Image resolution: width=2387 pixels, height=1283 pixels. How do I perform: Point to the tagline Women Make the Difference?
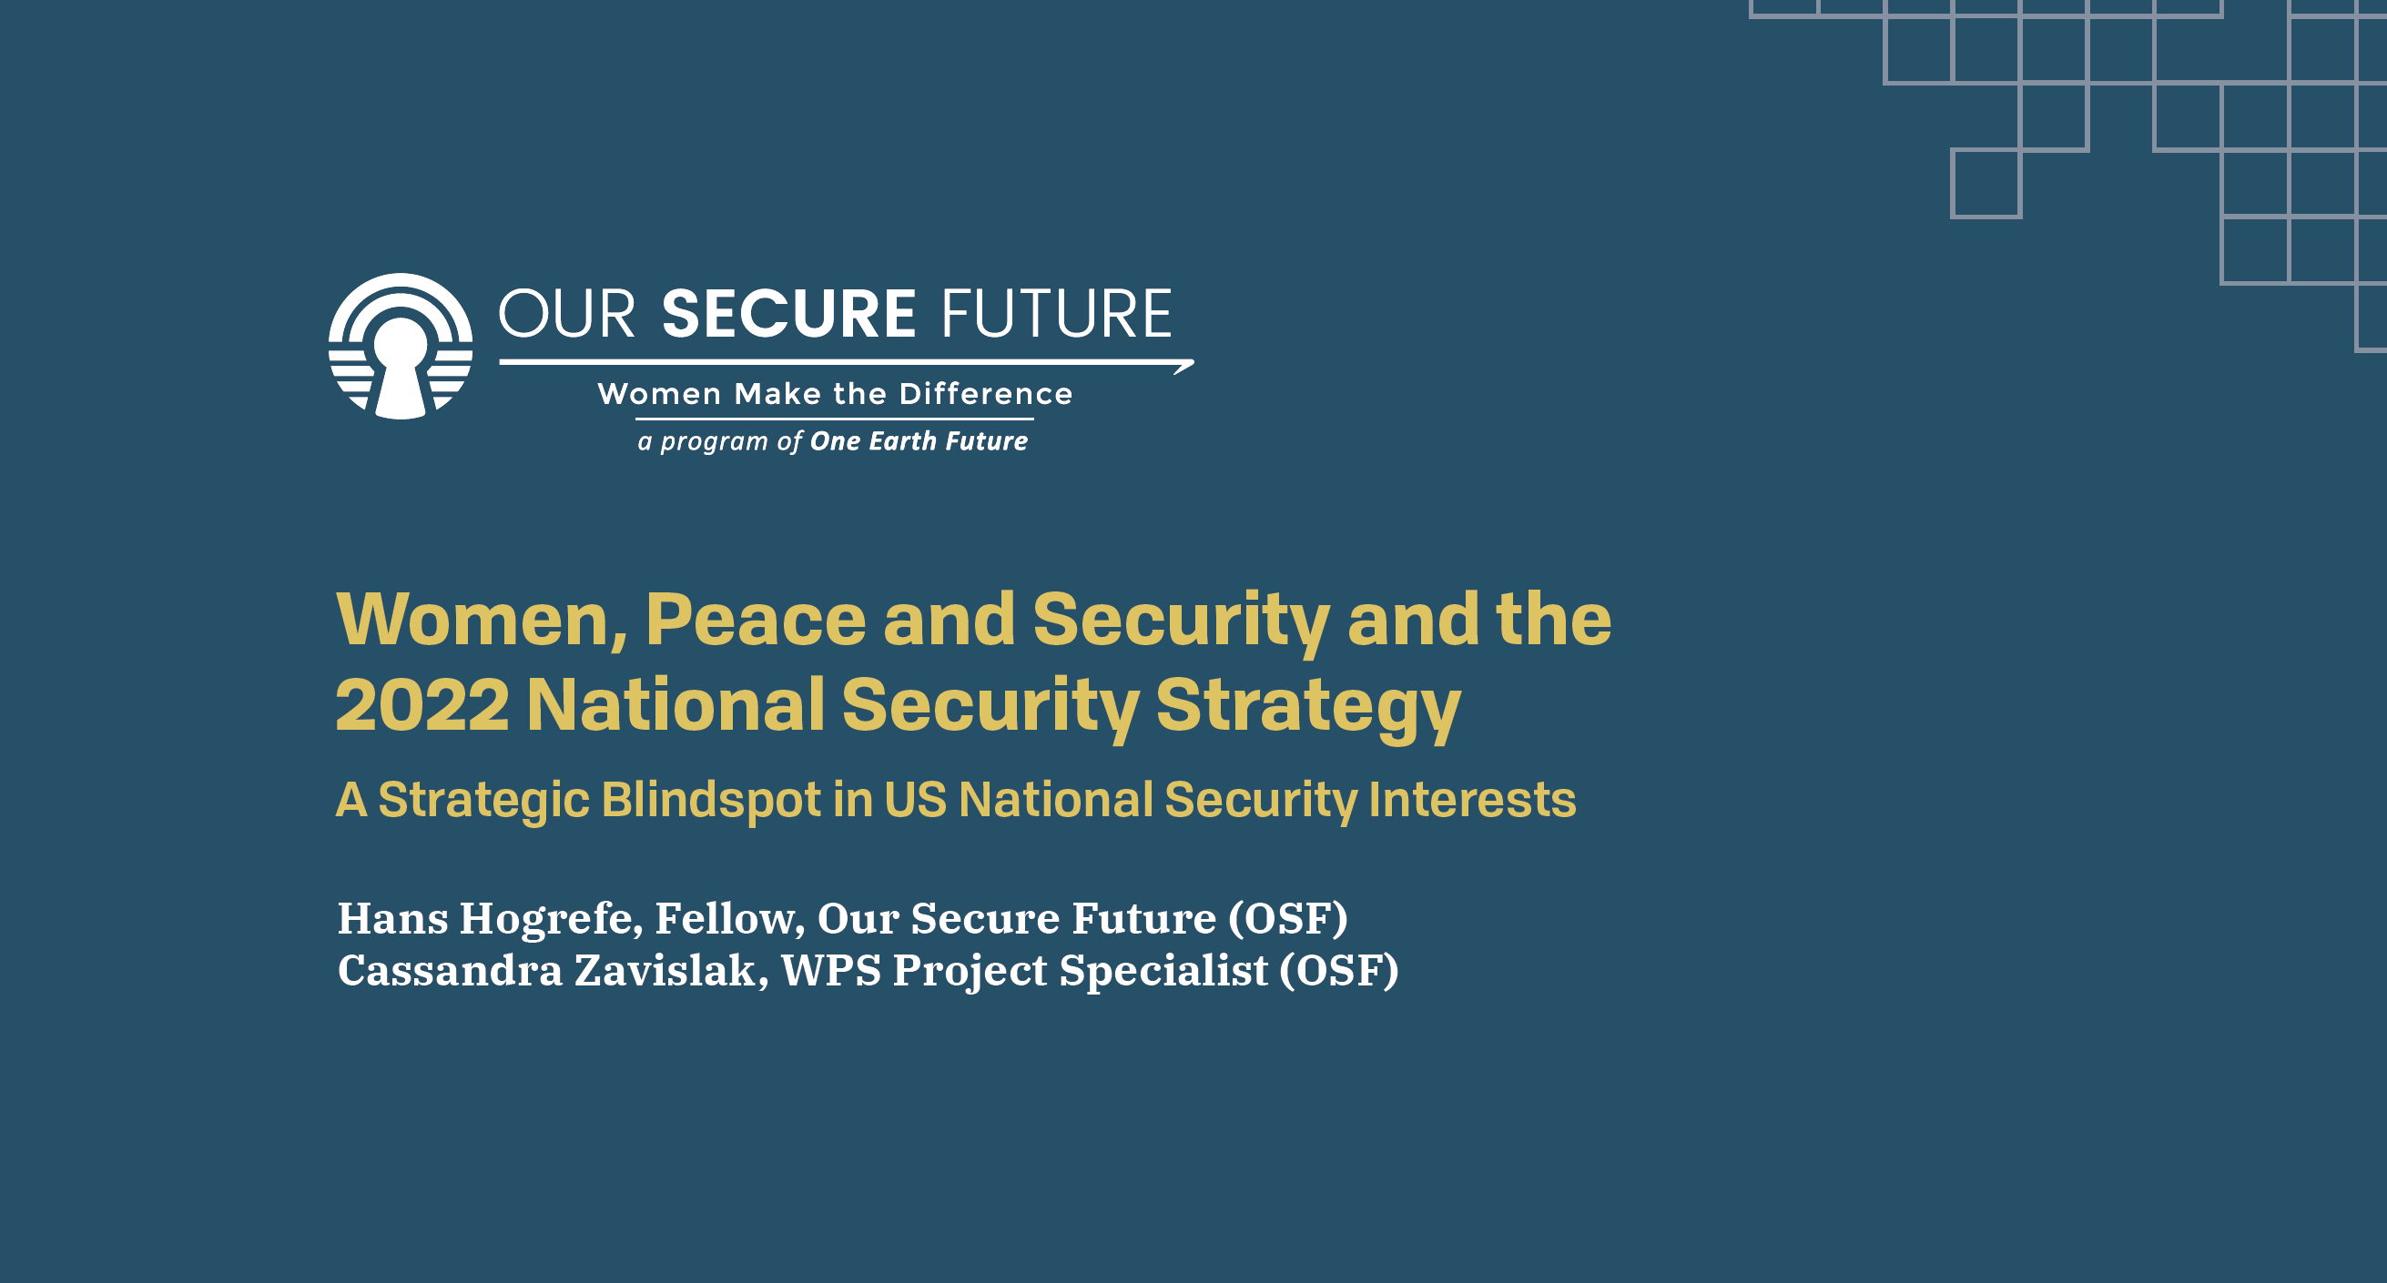click(835, 394)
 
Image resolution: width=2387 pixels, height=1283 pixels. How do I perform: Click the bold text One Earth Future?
click(919, 441)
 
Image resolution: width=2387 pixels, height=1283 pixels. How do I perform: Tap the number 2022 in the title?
click(422, 705)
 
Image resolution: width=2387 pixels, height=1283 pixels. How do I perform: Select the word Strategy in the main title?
click(1308, 709)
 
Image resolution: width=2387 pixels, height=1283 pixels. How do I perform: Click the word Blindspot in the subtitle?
click(711, 801)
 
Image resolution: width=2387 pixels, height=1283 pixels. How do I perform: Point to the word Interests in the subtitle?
click(1471, 800)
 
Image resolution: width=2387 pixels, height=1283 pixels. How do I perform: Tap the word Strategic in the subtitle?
click(483, 801)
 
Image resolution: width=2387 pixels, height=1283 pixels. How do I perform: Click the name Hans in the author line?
click(393, 918)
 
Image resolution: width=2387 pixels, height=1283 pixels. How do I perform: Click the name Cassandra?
click(451, 971)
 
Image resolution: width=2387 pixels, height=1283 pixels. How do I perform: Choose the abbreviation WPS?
click(831, 971)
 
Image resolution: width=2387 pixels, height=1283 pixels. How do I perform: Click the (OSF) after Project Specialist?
click(1339, 972)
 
